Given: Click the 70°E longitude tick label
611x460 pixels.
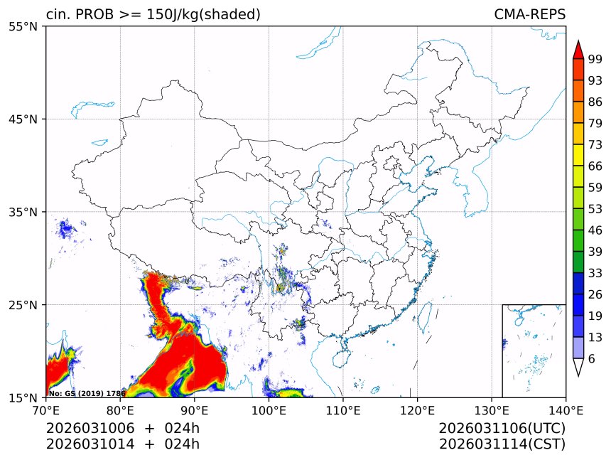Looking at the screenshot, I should point(46,410).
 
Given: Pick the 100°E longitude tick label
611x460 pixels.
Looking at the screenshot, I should point(269,410).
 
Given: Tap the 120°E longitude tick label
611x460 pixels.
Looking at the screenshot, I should point(417,410).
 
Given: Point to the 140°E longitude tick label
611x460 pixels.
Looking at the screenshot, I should point(566,410).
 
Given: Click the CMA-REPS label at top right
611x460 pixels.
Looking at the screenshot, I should point(529,14).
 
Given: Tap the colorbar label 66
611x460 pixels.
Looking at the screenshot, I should point(595,166).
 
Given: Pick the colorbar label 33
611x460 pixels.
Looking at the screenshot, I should point(595,273).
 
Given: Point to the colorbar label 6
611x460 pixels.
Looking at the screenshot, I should point(591,358).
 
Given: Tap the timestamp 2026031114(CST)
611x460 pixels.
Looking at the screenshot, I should point(502,444).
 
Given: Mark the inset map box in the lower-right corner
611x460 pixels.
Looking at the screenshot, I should point(534,351).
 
